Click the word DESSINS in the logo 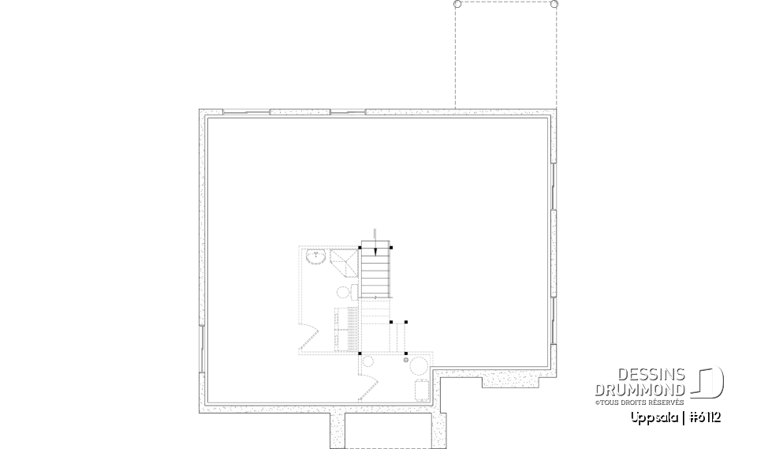click(650, 375)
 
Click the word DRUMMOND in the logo click(640, 389)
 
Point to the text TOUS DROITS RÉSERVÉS click(640, 402)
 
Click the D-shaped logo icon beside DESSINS click(709, 383)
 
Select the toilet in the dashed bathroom click(345, 292)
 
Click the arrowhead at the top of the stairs click(376, 251)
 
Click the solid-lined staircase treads click(376, 273)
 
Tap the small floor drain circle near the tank click(407, 361)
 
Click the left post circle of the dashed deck click(457, 5)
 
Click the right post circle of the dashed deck click(554, 5)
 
